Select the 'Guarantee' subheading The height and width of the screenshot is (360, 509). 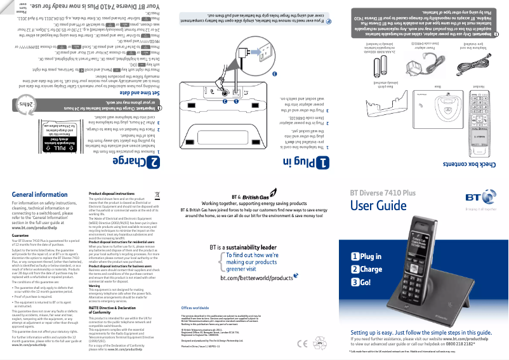(x=22, y=235)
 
